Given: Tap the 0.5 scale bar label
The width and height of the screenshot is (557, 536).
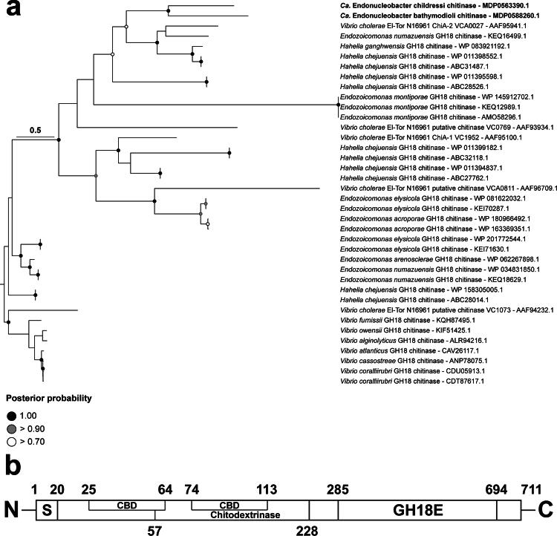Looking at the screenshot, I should [x=35, y=130].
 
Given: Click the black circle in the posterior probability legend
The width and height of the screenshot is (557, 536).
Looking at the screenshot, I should [x=13, y=416].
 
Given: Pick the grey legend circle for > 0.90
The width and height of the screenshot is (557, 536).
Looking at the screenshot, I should [x=13, y=429].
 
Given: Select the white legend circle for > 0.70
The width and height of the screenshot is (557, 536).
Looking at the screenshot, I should [x=13, y=442].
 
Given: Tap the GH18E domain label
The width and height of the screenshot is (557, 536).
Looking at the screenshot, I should [x=417, y=511].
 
